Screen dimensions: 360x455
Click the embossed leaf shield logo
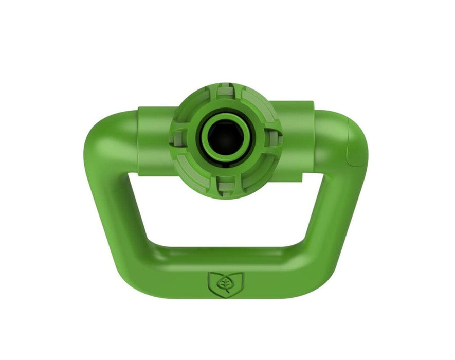(x=225, y=282)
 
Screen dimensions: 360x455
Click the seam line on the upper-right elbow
(x=355, y=149)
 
